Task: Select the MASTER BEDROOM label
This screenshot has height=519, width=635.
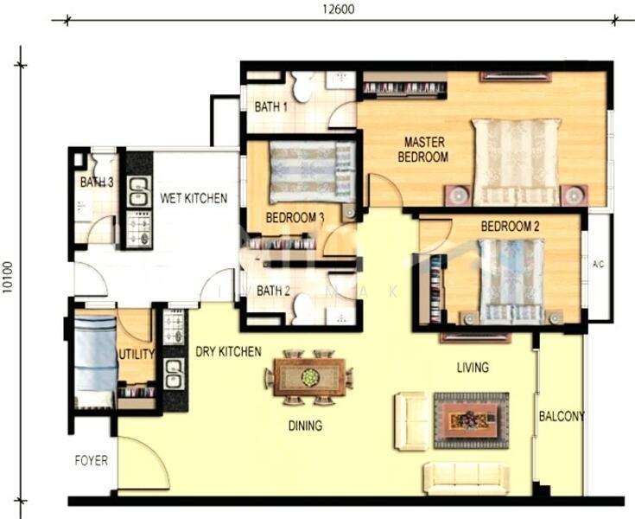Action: click(422, 150)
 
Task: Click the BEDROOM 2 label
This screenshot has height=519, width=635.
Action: click(510, 227)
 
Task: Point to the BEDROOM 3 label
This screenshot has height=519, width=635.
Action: click(295, 218)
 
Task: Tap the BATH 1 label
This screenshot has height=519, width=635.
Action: click(271, 107)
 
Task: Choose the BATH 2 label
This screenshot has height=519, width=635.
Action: click(272, 291)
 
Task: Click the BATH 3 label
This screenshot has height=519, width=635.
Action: click(97, 183)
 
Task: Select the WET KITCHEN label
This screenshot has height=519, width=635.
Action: click(194, 198)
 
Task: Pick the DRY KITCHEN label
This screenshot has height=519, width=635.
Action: click(228, 351)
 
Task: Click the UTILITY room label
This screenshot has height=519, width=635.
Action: click(137, 354)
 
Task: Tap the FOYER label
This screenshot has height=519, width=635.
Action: click(91, 460)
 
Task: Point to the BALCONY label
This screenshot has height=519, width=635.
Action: click(562, 416)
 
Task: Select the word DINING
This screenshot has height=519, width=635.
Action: click(304, 426)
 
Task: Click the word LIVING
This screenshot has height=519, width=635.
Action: click(473, 368)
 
